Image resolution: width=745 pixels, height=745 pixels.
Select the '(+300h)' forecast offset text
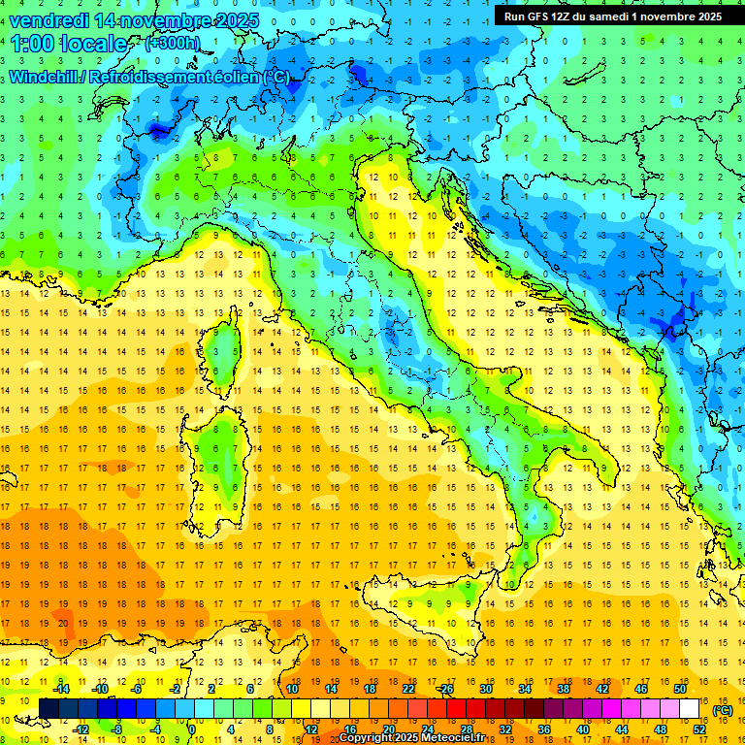tap(173, 44)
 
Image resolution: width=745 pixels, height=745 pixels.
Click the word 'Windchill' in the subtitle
tap(43, 78)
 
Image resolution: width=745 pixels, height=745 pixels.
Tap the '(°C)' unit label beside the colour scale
tap(722, 710)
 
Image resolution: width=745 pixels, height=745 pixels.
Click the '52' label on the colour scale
tap(699, 729)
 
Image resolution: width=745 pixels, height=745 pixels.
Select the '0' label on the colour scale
tap(192, 729)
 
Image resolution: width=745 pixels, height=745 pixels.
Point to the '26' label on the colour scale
tap(447, 689)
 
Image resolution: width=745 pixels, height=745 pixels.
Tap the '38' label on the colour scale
tap(564, 689)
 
